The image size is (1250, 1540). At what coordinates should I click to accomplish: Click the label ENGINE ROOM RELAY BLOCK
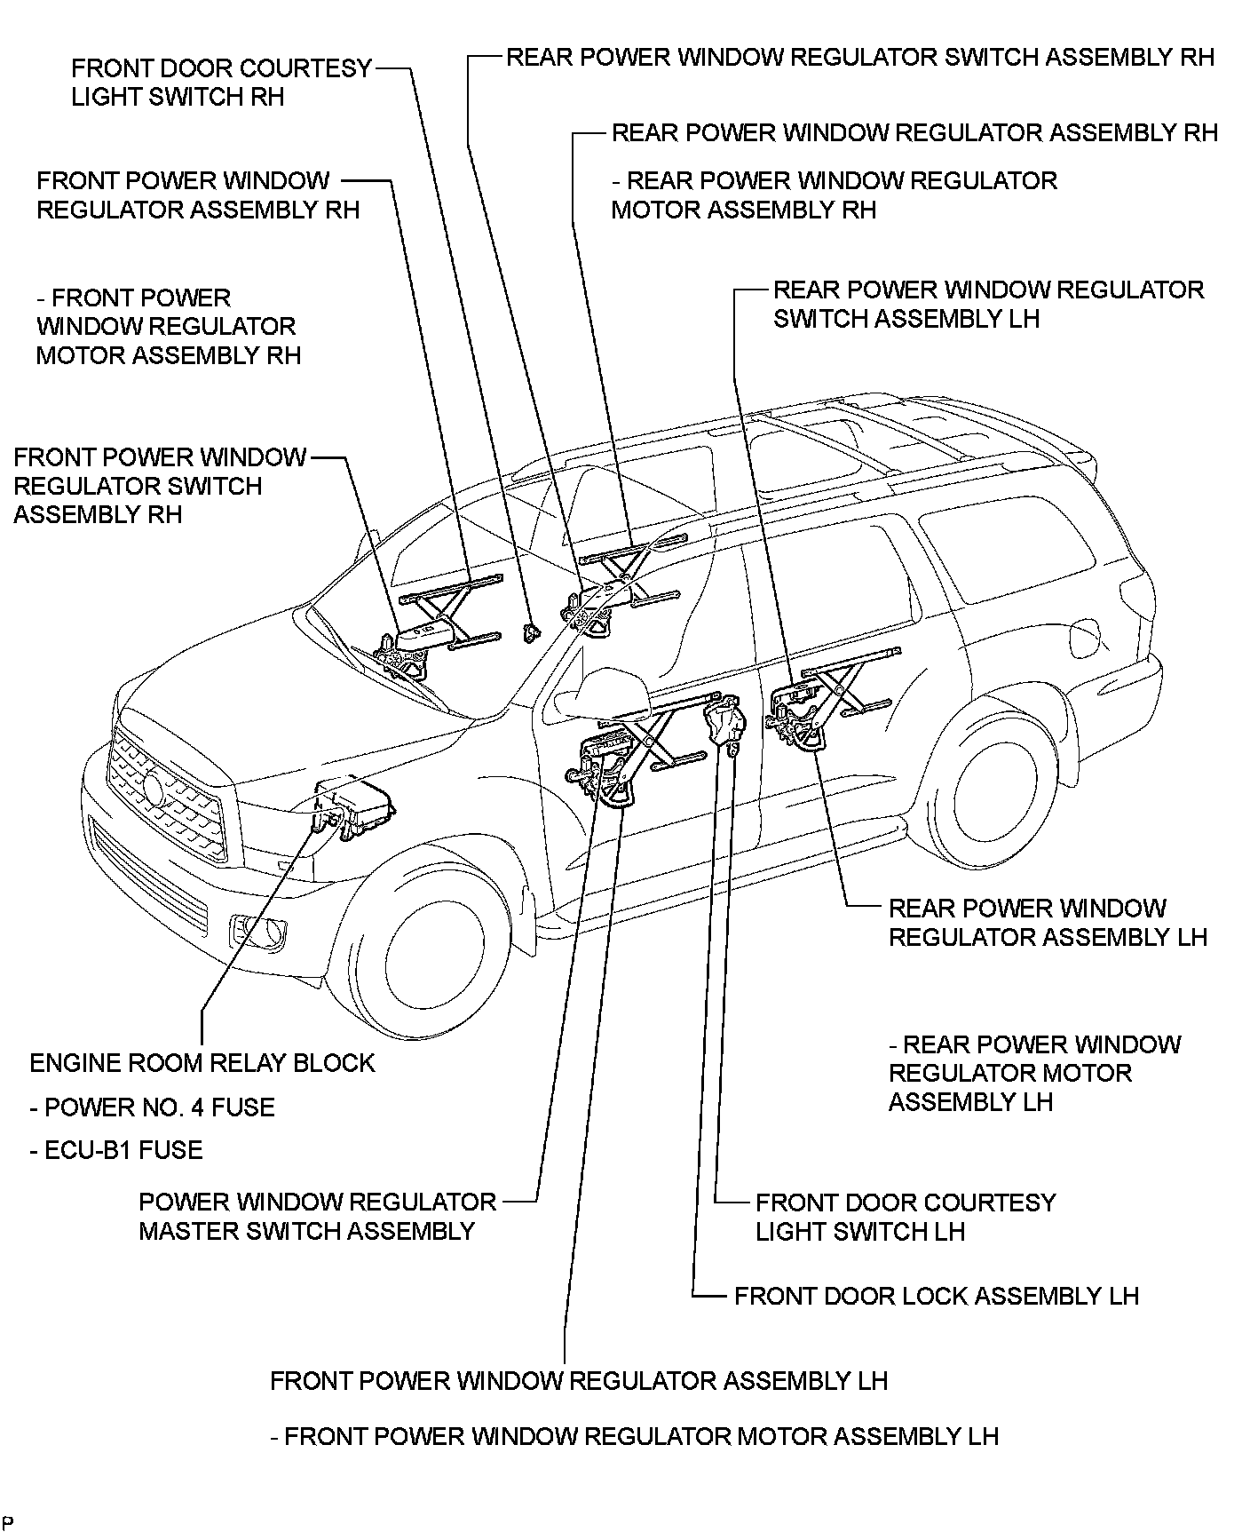[x=202, y=1063]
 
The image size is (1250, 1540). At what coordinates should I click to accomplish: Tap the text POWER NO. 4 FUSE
[x=152, y=1107]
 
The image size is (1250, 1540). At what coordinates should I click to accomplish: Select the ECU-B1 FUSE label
[x=116, y=1150]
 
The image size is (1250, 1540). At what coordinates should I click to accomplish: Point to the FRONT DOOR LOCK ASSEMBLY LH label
[x=936, y=1296]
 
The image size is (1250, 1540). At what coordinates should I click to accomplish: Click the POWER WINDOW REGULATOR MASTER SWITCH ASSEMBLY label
[x=317, y=1217]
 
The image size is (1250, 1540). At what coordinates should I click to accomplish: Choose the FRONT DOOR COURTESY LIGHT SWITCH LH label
[x=906, y=1217]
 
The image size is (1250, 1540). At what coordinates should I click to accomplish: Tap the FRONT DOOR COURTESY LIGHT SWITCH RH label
[x=221, y=83]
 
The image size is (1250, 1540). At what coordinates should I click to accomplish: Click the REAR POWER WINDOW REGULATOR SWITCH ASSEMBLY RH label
[x=859, y=58]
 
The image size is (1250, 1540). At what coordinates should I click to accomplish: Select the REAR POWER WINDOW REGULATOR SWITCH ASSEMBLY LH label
[x=988, y=304]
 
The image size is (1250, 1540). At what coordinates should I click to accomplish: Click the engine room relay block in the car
[x=355, y=807]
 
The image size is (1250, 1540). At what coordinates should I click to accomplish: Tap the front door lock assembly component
[x=723, y=723]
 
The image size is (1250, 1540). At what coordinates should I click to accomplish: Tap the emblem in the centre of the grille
[x=154, y=790]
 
